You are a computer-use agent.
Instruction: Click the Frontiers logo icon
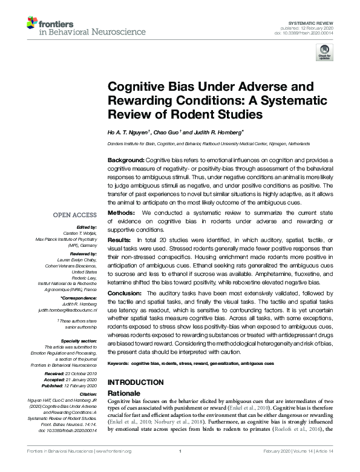[32, 24]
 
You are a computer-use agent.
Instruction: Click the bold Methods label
[122, 214]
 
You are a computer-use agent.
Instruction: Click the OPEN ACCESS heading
[75, 215]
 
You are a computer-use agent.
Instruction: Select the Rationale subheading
[125, 393]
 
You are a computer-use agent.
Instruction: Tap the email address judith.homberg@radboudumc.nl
[68, 310]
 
